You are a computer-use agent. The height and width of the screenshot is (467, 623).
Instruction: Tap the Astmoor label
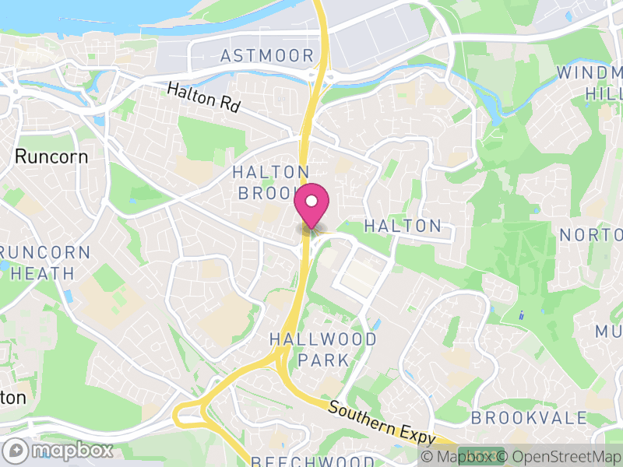[267, 55]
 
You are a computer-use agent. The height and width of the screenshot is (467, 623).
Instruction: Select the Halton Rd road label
[203, 101]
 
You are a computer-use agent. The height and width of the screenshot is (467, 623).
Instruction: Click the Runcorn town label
[51, 156]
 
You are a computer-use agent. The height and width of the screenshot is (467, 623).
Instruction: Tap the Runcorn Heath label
[38, 263]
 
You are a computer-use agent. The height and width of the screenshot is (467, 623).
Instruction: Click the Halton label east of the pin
[403, 226]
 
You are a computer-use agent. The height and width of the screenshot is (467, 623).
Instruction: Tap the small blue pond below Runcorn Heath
[68, 297]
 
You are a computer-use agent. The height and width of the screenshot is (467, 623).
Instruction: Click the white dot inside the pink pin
[311, 202]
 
